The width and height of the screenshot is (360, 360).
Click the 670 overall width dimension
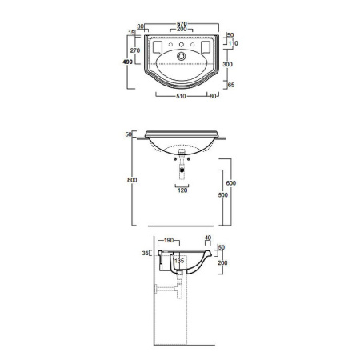[x=182, y=24]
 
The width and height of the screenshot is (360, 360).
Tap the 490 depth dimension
[x=127, y=62]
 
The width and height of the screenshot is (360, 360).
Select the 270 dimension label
[x=135, y=50]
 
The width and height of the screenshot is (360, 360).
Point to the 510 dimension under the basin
[x=181, y=96]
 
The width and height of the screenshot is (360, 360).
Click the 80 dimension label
[x=213, y=96]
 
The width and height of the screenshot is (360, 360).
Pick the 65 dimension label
[x=231, y=85]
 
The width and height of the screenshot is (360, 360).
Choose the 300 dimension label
[x=227, y=64]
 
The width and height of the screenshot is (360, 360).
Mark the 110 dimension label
[x=234, y=43]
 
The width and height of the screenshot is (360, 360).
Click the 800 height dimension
[x=132, y=180]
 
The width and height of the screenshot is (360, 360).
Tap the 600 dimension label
[x=231, y=183]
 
